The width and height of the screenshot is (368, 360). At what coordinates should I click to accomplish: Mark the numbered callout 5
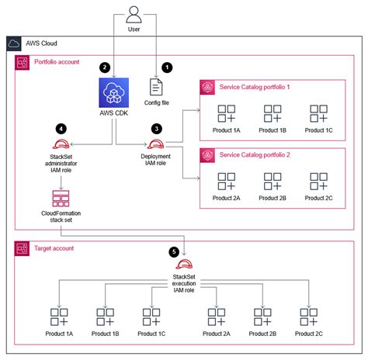174,251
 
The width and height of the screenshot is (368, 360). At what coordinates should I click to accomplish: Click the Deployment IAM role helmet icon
156,144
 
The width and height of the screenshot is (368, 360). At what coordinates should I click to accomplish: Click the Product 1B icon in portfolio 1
271,113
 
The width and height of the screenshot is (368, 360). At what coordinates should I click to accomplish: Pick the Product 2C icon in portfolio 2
317,182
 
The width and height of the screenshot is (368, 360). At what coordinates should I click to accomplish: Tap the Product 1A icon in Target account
59,317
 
